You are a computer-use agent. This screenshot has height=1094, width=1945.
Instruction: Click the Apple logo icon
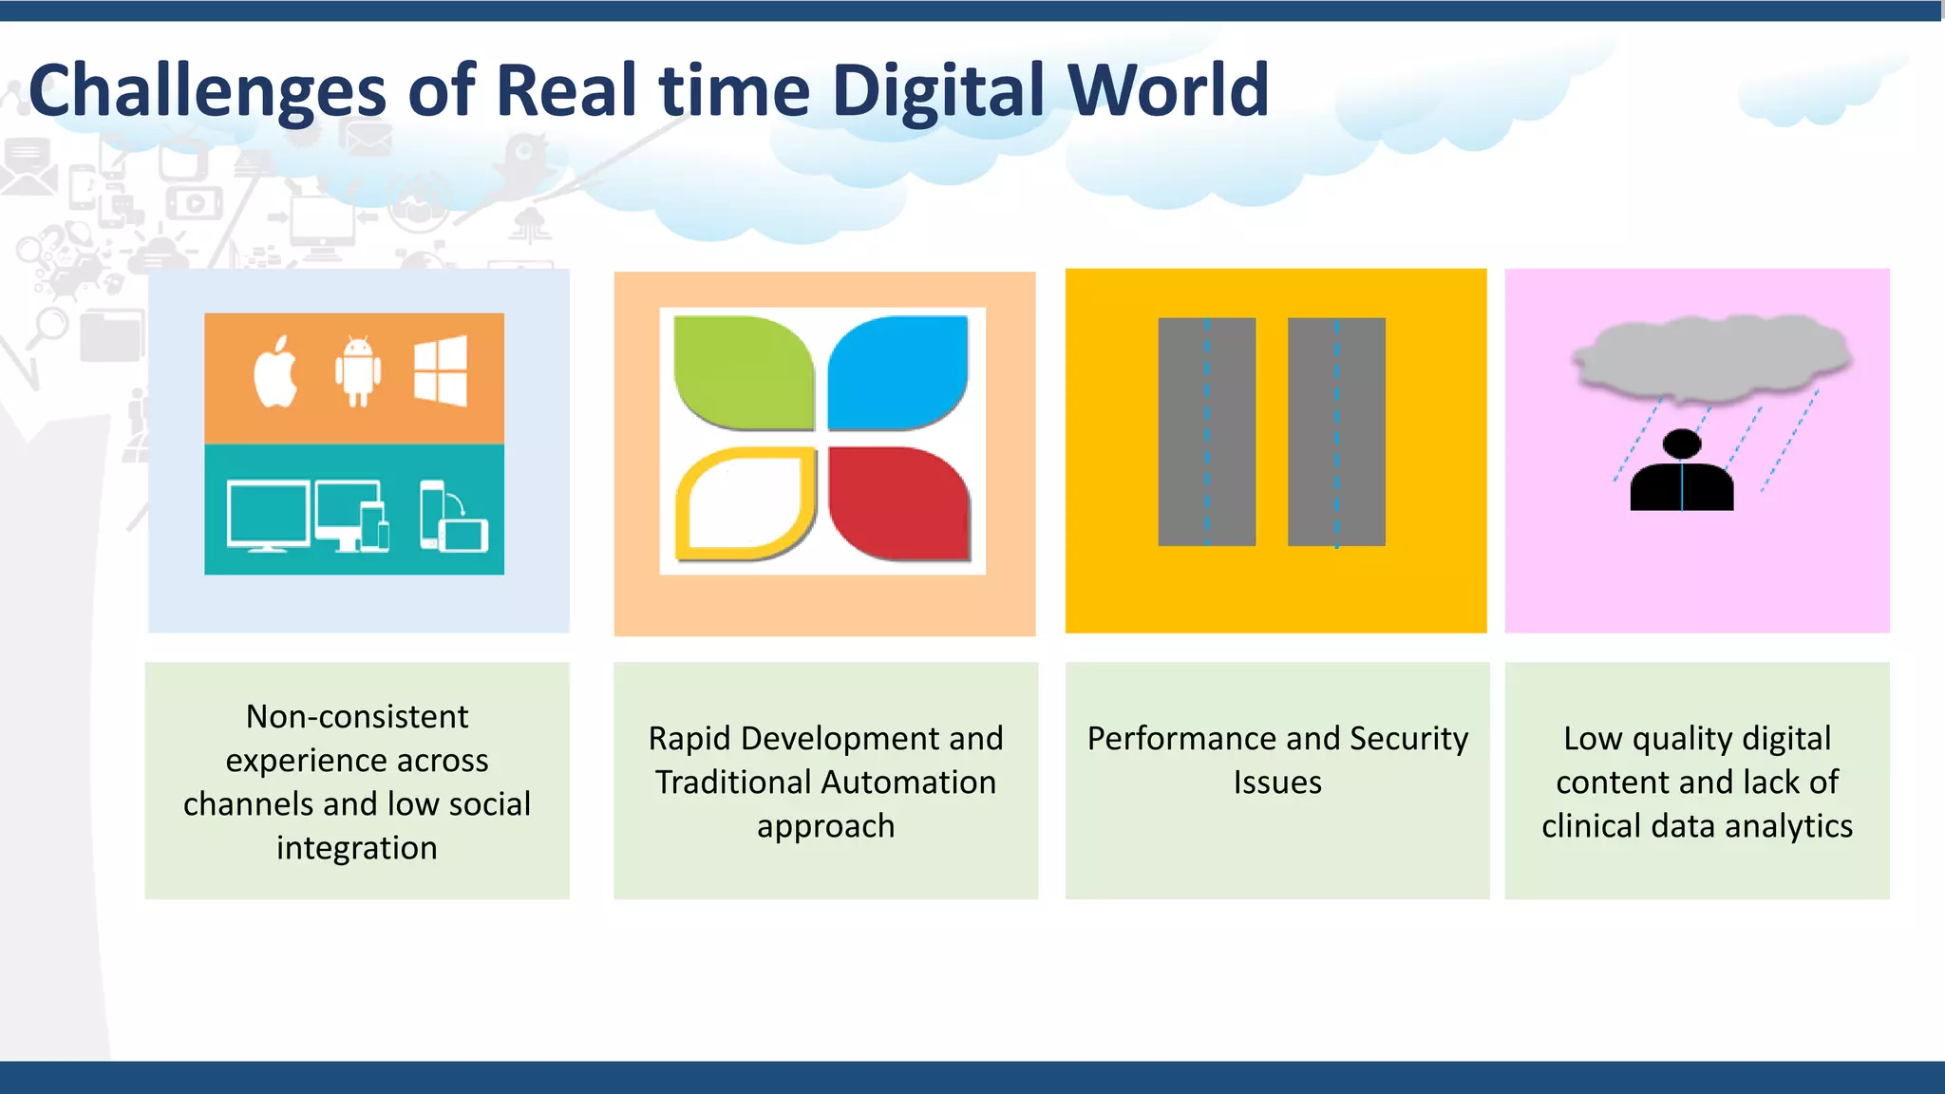pos(275,372)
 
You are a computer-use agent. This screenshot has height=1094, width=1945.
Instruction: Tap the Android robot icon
pos(358,371)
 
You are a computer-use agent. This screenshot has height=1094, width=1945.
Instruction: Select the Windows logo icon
pos(441,371)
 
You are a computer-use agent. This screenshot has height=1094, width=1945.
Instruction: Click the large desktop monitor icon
pos(268,516)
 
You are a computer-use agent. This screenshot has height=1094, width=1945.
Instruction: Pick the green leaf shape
pos(743,372)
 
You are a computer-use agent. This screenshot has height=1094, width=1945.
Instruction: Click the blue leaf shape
pos(898,372)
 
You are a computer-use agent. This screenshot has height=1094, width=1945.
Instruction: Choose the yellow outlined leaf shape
pos(746,503)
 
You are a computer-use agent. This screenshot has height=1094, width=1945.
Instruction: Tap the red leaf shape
pos(898,503)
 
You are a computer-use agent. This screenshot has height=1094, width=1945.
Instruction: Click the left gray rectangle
pos(1206,432)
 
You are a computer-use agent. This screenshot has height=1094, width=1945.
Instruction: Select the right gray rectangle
pos(1336,432)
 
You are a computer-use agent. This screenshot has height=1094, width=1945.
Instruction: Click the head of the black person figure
pos(1682,443)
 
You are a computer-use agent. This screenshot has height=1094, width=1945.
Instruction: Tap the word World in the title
pos(1168,90)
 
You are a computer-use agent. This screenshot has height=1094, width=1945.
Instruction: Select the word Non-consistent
pos(357,717)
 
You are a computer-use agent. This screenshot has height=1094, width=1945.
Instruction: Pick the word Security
pos(1408,739)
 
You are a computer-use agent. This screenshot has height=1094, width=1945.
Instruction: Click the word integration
pos(357,848)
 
